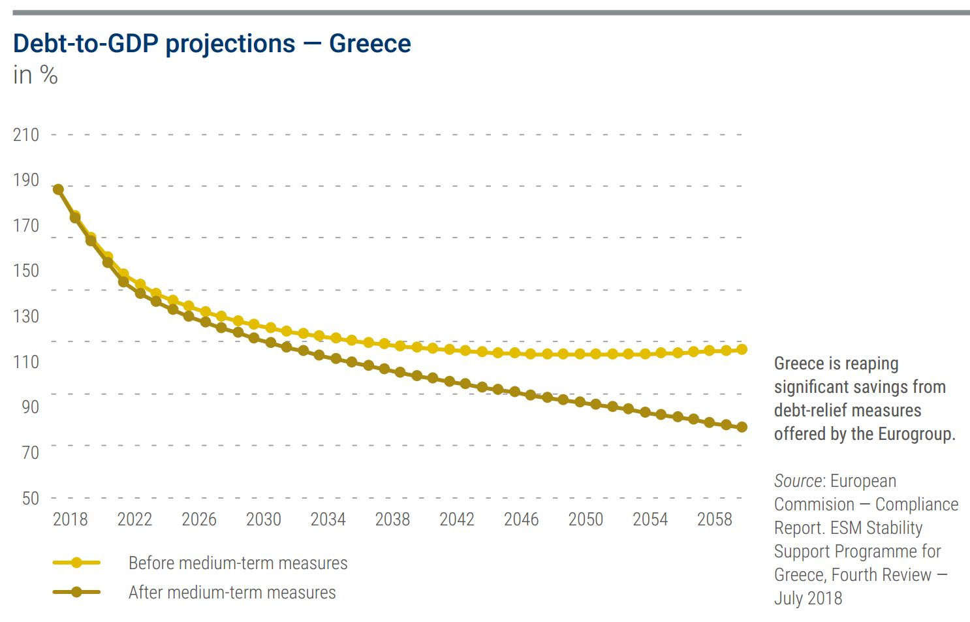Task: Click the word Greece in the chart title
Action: click(x=369, y=44)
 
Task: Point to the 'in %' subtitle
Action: click(x=35, y=75)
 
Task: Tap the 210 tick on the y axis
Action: click(x=26, y=135)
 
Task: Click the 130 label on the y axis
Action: click(x=26, y=317)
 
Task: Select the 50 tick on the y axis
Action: click(x=30, y=499)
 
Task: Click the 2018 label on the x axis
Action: click(x=70, y=520)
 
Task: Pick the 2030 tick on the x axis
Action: click(x=263, y=520)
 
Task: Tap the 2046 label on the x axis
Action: click(x=521, y=520)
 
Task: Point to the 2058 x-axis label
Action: click(x=714, y=520)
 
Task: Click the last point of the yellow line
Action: click(x=742, y=350)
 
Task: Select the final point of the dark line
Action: click(x=742, y=428)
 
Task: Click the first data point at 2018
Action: click(x=58, y=189)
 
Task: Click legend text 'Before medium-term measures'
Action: click(x=238, y=563)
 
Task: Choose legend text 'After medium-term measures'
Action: click(x=232, y=593)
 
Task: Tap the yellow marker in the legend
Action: click(x=76, y=563)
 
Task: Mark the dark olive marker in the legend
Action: click(x=76, y=592)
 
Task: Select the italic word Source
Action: click(x=798, y=481)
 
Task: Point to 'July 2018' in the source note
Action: click(x=808, y=599)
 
